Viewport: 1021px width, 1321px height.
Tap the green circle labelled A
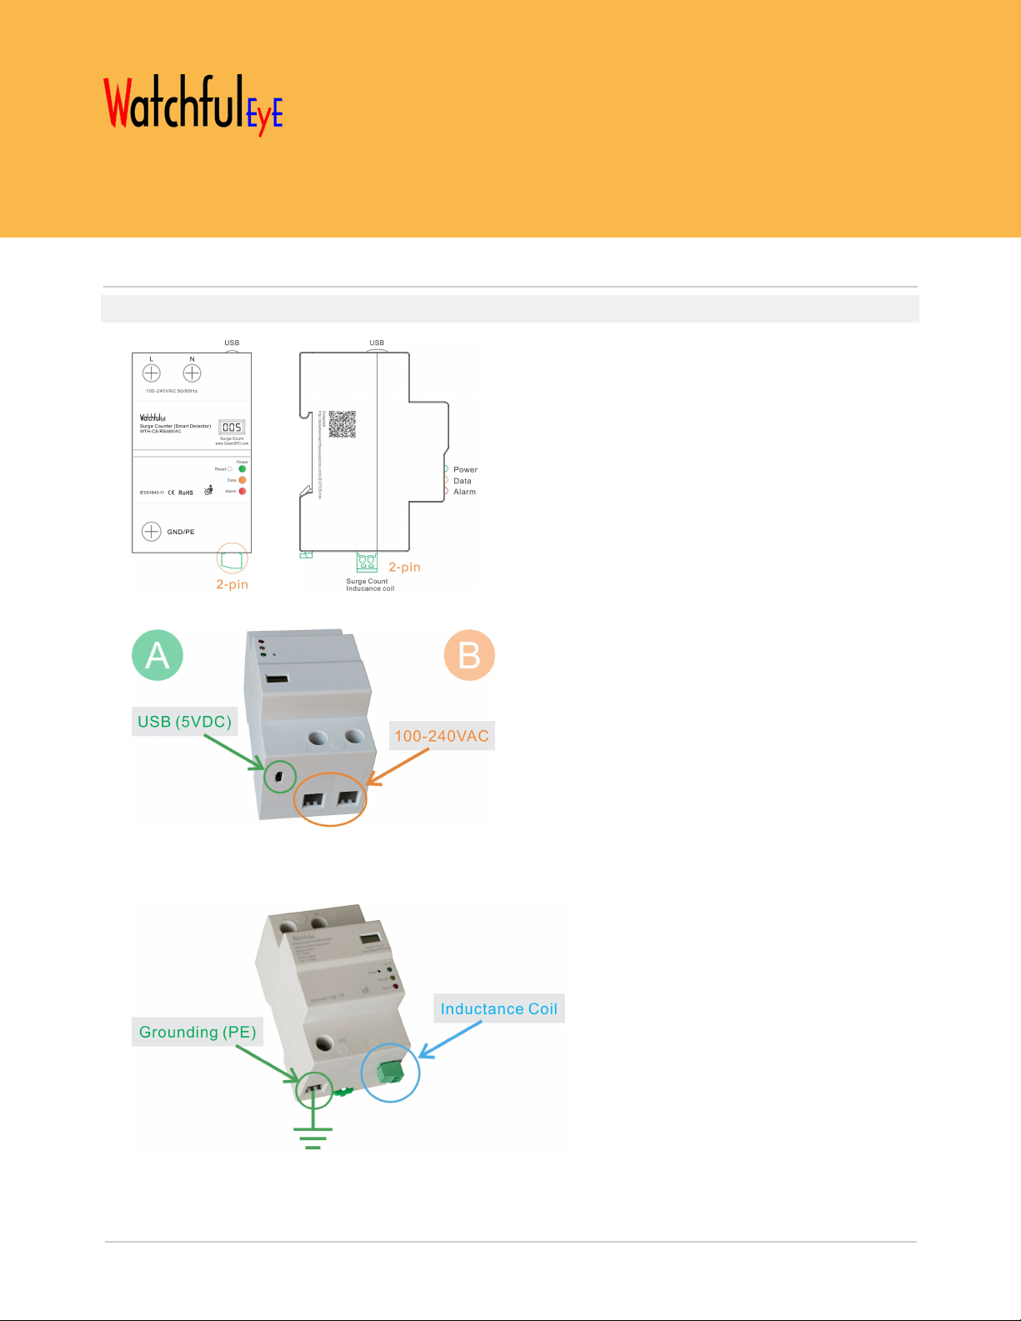158,655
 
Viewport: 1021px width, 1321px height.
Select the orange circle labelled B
469,655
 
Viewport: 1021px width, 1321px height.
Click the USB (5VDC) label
184,722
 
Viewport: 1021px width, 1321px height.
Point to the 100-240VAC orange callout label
442,736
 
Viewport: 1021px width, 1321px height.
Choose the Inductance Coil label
498,1008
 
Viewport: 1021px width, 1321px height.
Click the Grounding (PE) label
198,1032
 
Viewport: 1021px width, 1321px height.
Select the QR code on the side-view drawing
342,424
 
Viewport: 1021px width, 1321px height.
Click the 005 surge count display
232,428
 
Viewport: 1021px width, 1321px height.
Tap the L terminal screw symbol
152,373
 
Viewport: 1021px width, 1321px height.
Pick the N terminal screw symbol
192,373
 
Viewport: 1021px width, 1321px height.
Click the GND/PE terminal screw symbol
152,532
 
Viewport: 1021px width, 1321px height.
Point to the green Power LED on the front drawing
243,469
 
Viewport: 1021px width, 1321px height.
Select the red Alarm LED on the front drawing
243,492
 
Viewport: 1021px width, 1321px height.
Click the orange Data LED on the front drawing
243,480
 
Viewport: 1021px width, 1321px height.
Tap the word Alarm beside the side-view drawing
464,493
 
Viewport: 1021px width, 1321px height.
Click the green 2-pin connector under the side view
367,562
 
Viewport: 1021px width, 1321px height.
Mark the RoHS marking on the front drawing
186,493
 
